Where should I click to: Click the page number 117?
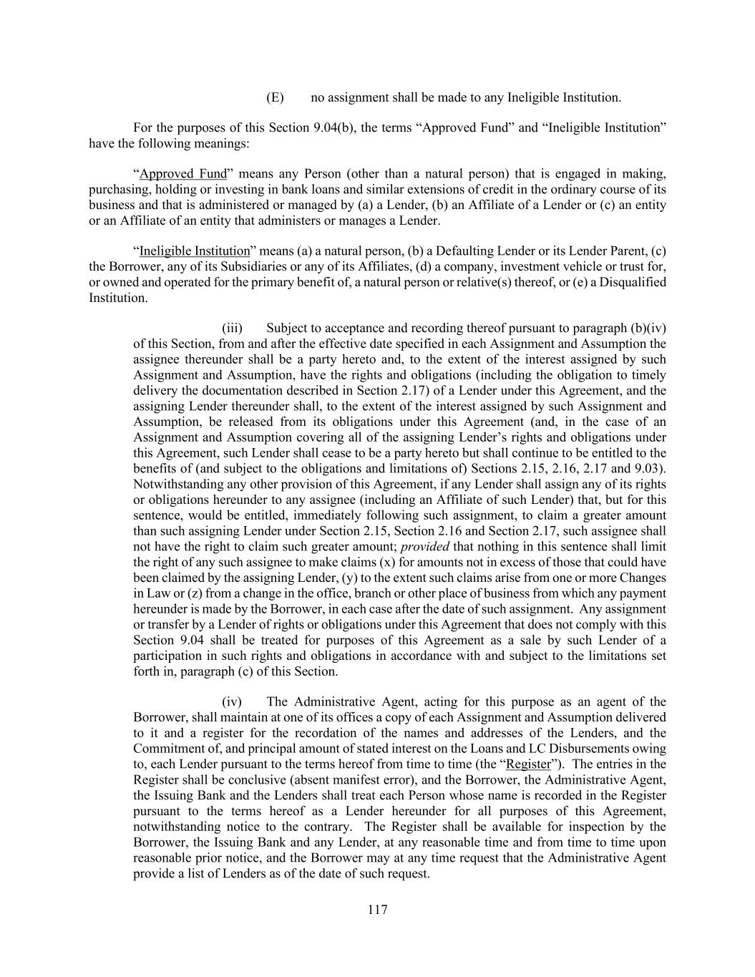[x=377, y=910]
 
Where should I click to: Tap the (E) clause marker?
[x=275, y=97]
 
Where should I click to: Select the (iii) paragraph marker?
[x=232, y=329]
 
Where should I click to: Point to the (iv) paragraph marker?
[x=231, y=702]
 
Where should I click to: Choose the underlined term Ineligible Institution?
[x=195, y=251]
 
